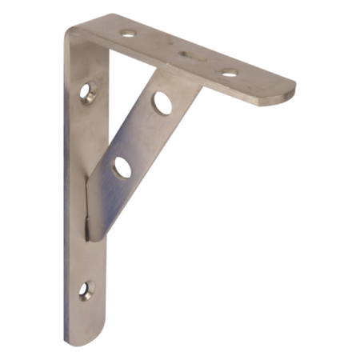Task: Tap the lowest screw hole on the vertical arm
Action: pyautogui.click(x=86, y=290)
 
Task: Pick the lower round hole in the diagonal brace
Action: pyautogui.click(x=122, y=167)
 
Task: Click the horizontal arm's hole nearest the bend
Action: pyautogui.click(x=129, y=33)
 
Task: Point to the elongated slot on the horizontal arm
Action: pyautogui.click(x=189, y=55)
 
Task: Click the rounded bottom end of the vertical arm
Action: pyautogui.click(x=86, y=328)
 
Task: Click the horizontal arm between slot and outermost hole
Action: pyautogui.click(x=209, y=63)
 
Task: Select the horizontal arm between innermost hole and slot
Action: pyautogui.click(x=158, y=44)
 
